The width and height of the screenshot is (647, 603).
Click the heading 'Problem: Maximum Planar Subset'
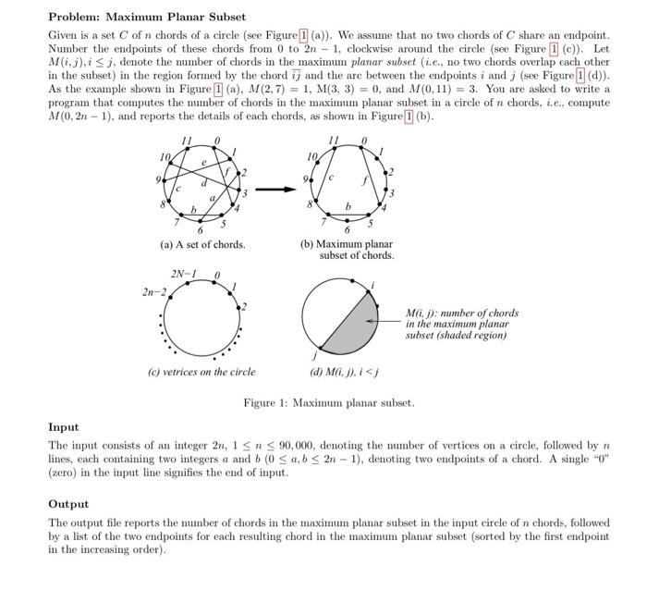click(147, 17)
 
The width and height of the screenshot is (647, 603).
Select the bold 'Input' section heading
click(64, 427)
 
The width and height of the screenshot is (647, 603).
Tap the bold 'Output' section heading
click(68, 504)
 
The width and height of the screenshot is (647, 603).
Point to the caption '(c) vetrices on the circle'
click(202, 372)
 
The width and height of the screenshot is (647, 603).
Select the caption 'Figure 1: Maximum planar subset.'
click(329, 403)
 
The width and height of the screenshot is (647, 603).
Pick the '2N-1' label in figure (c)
click(184, 274)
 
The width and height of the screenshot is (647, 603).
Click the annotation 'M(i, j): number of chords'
click(462, 313)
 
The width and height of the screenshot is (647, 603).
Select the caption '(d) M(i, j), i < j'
click(346, 373)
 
